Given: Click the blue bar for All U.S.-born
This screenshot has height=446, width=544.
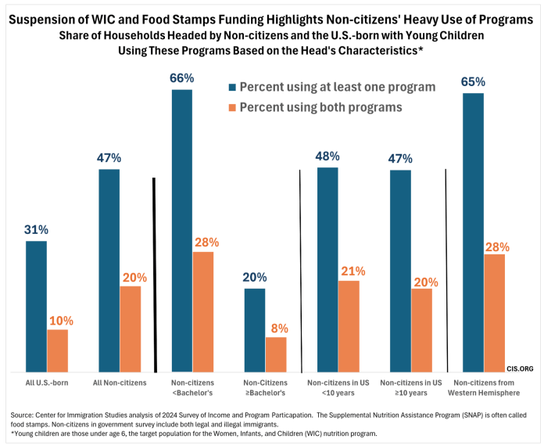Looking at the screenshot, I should pyautogui.click(x=36, y=307).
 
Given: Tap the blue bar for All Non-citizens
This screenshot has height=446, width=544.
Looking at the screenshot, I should pyautogui.click(x=109, y=271).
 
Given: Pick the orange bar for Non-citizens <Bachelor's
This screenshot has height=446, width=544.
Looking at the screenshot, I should pyautogui.click(x=203, y=311).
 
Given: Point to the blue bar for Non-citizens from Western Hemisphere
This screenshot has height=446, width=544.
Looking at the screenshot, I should pyautogui.click(x=473, y=232).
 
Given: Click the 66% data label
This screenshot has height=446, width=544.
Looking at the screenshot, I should pyautogui.click(x=182, y=78).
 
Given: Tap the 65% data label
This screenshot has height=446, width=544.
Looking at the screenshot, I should pyautogui.click(x=473, y=81).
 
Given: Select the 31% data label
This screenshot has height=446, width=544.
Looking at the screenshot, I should pyautogui.click(x=36, y=229).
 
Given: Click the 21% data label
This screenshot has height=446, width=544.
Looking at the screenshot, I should pyautogui.click(x=352, y=271).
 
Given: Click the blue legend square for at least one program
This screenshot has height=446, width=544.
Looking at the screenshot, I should pyautogui.click(x=231, y=87).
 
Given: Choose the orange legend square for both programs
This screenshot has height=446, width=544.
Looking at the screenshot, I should pyautogui.click(x=231, y=107).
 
